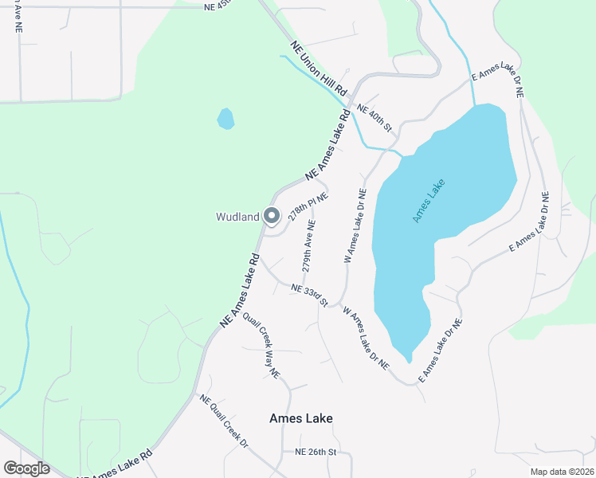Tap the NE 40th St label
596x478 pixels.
(374, 118)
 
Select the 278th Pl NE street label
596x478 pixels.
(308, 206)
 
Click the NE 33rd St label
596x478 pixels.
(310, 295)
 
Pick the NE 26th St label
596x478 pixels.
(317, 452)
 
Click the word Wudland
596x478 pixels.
(237, 217)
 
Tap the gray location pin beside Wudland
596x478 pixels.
(271, 216)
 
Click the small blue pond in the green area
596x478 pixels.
(226, 119)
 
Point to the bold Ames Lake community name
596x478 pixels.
(300, 418)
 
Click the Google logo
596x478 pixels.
(26, 468)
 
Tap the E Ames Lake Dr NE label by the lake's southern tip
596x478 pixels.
(441, 347)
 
